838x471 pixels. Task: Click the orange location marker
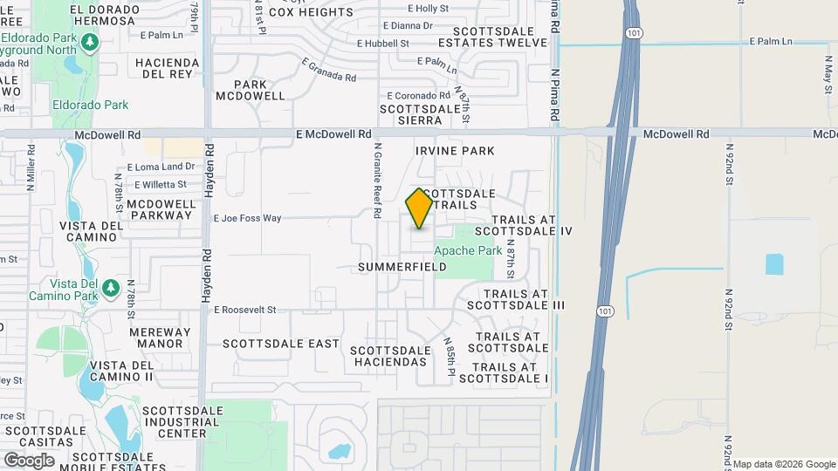[x=420, y=208]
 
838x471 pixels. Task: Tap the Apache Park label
[x=468, y=250]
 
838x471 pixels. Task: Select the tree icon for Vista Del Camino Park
[x=110, y=287]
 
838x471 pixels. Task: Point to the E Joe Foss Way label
[x=248, y=218]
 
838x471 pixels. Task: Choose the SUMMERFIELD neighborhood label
[x=402, y=267]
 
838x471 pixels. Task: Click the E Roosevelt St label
[x=244, y=310]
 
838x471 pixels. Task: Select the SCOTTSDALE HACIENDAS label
[x=390, y=356]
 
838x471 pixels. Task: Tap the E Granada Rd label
[x=329, y=70]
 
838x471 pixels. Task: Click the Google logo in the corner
[x=28, y=460]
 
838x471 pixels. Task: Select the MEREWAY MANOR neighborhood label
[x=159, y=338]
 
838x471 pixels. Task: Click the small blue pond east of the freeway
[x=774, y=263]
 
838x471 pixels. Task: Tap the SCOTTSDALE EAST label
[x=280, y=344]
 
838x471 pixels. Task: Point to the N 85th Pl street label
[x=450, y=358]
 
